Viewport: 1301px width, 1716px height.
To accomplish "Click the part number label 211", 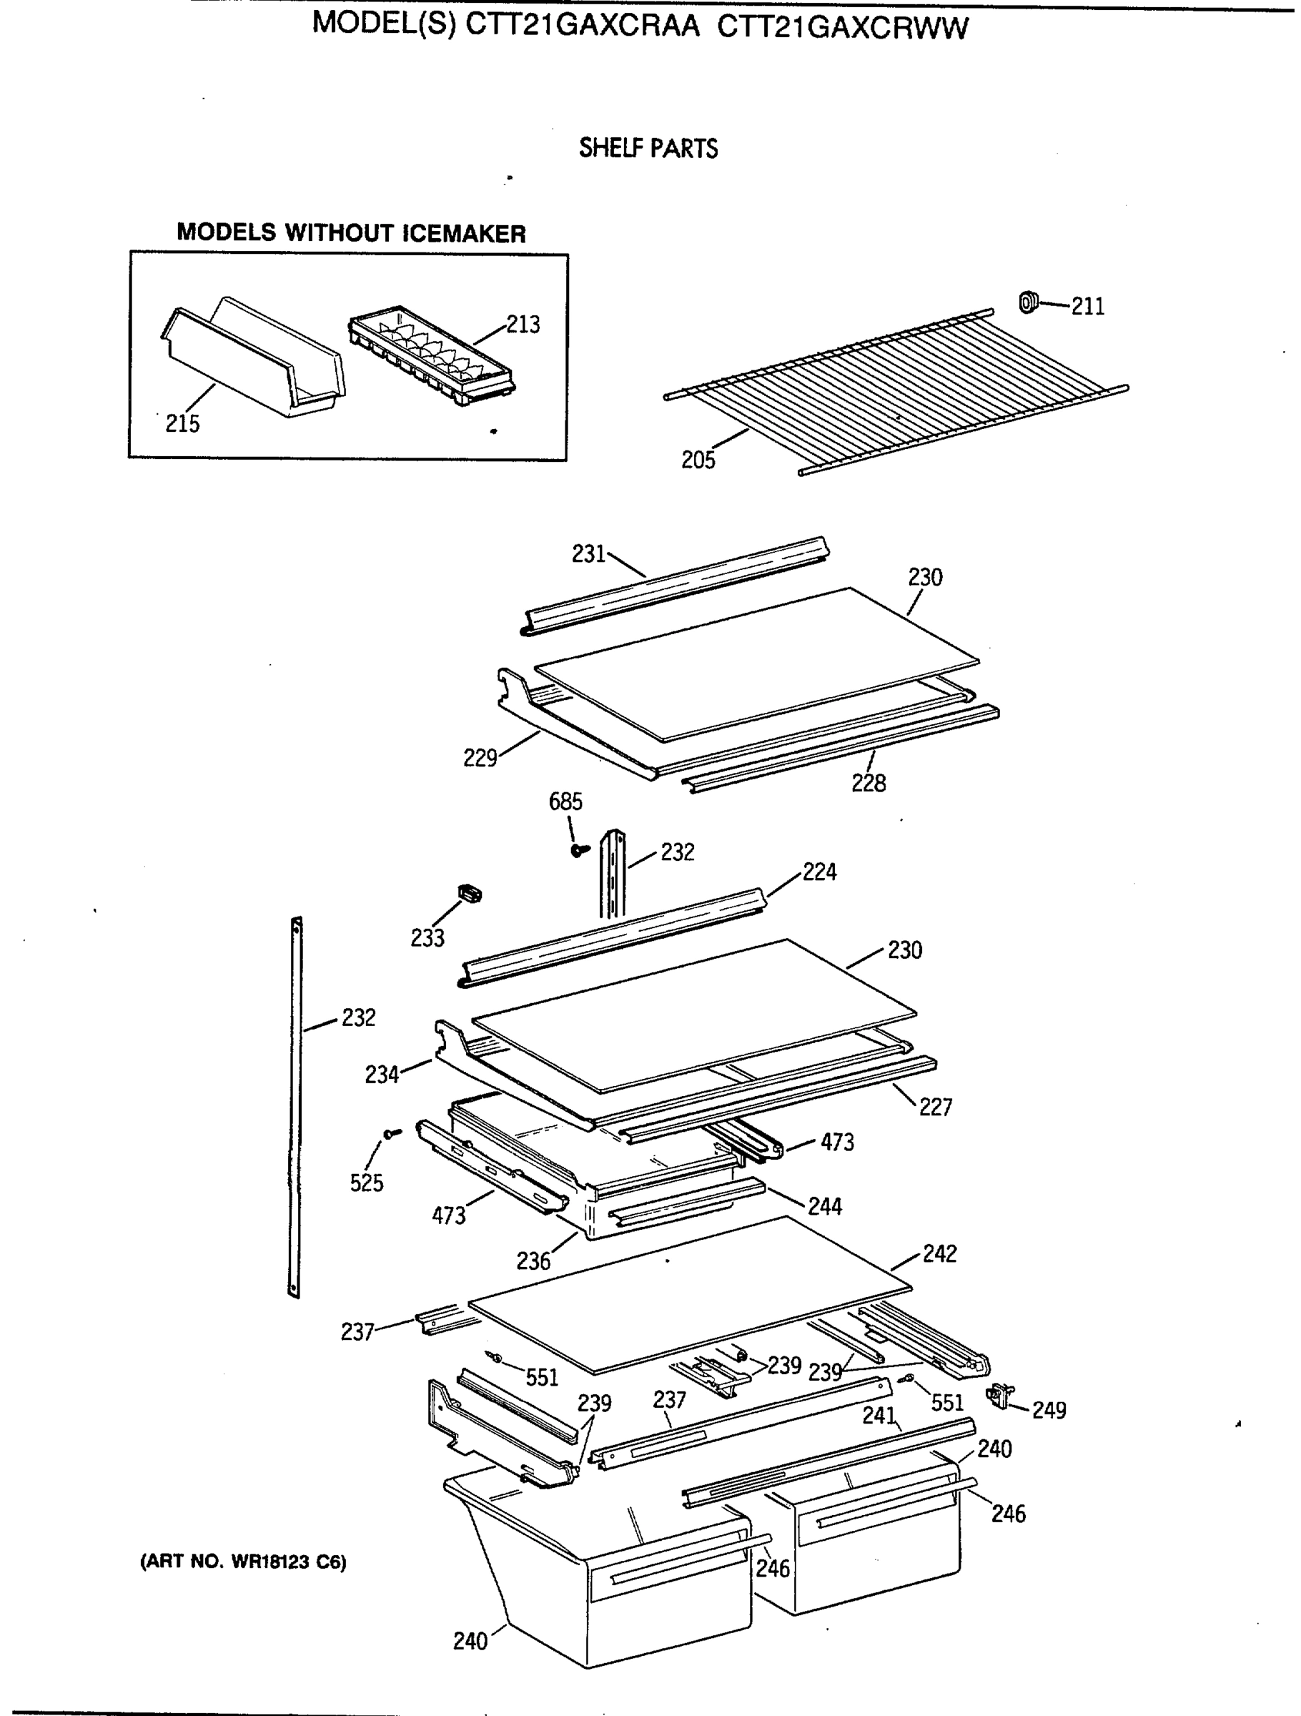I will [x=1088, y=307].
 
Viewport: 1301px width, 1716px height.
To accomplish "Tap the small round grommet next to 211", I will [x=1028, y=302].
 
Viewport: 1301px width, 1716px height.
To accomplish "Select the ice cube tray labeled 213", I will [x=431, y=356].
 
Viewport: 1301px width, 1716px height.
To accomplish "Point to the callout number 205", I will [x=698, y=460].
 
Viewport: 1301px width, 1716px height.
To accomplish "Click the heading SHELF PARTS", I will [x=648, y=148].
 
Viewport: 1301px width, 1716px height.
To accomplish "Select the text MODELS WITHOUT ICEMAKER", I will [x=351, y=232].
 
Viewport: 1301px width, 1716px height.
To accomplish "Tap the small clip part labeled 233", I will [x=470, y=894].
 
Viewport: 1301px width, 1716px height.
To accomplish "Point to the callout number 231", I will [x=588, y=554].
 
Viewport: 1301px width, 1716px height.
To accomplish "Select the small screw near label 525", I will [x=392, y=1134].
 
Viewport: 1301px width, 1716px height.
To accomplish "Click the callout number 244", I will [x=824, y=1206].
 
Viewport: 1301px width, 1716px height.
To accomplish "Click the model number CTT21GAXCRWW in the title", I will [x=843, y=27].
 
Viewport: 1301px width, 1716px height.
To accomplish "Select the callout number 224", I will [x=819, y=872].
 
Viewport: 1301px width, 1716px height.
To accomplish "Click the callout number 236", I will [x=533, y=1261].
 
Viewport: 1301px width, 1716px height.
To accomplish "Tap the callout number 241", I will [x=879, y=1416].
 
